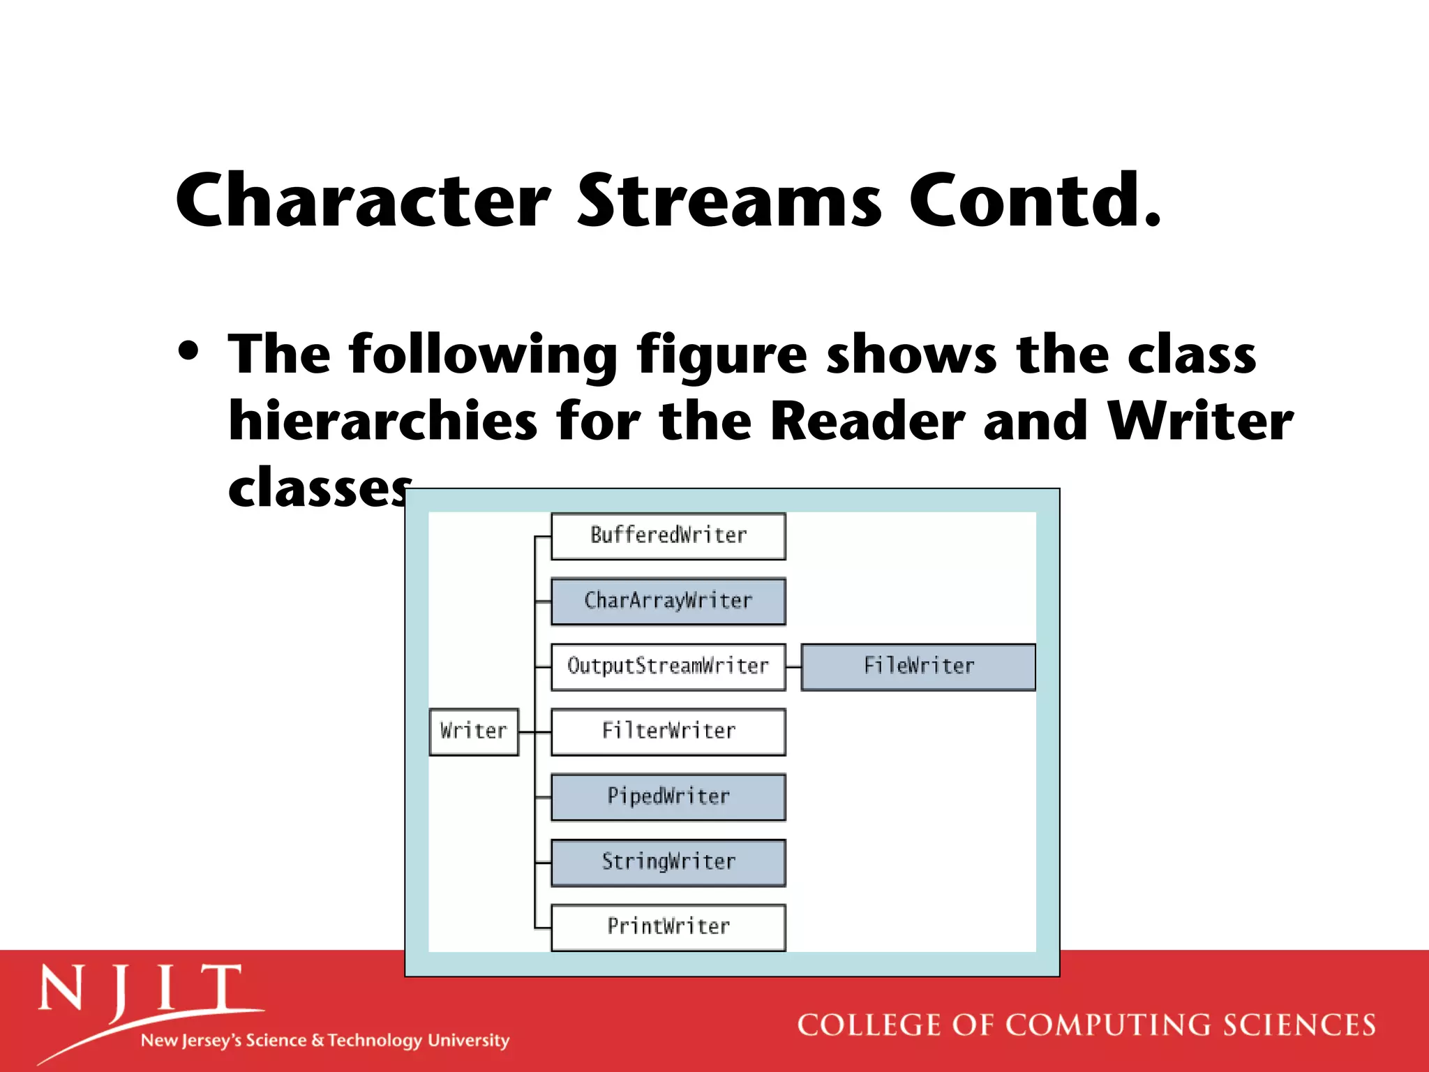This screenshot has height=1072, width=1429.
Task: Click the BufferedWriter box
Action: [668, 536]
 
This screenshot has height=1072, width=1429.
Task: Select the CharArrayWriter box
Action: [668, 601]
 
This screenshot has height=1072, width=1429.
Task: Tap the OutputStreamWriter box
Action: [668, 667]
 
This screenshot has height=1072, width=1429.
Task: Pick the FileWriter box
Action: [918, 667]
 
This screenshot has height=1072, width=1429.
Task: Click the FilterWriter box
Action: [668, 731]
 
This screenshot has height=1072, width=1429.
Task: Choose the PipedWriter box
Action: [668, 796]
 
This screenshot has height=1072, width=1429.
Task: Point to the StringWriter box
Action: [668, 862]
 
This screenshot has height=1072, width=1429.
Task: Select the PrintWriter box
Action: [668, 927]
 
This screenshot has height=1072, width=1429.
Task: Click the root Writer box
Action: [474, 731]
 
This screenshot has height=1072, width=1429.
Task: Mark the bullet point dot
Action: [188, 350]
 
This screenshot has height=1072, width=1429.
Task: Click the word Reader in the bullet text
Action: [867, 422]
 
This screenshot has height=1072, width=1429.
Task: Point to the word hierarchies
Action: [383, 422]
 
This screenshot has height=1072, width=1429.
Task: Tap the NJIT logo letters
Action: [140, 990]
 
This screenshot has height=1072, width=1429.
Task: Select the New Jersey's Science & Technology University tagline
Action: [325, 1041]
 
